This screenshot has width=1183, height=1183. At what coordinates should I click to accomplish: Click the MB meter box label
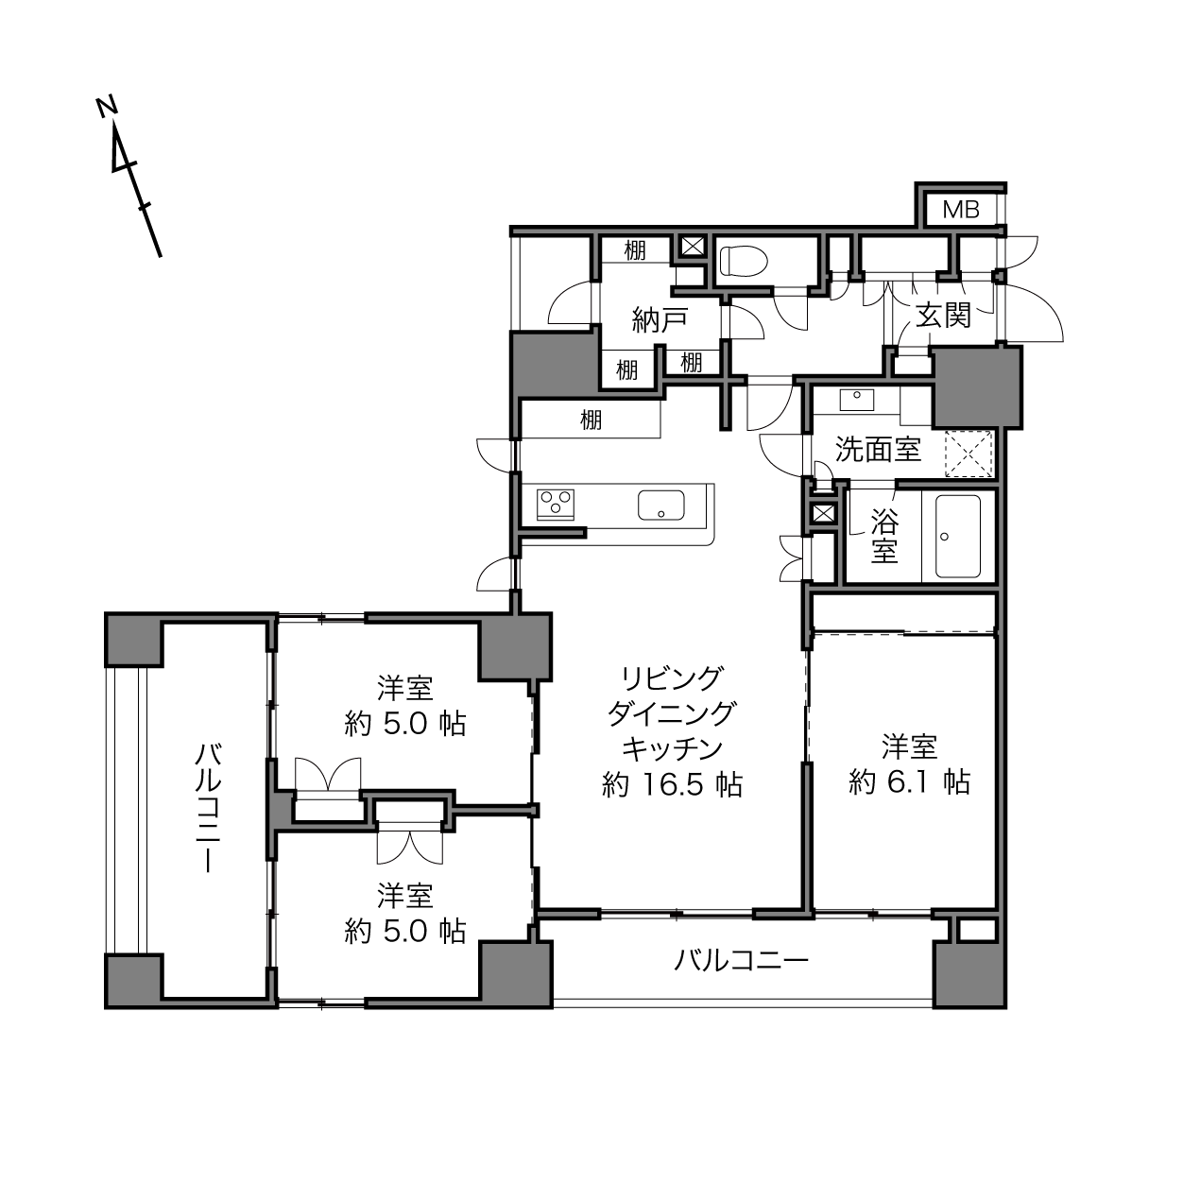(961, 210)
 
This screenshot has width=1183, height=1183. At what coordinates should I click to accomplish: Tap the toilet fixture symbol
(744, 262)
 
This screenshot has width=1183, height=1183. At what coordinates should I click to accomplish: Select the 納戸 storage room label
(660, 320)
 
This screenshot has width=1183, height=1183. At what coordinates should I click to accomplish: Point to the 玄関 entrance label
(944, 317)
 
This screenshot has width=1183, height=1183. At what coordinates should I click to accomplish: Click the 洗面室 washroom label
(878, 450)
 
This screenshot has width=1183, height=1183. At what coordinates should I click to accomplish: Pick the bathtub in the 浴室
(958, 536)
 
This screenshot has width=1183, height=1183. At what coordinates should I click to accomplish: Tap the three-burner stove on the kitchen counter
(556, 505)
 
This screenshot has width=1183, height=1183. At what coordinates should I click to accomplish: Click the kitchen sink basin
(661, 506)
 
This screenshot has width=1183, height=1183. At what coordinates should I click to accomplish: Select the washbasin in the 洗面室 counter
(856, 400)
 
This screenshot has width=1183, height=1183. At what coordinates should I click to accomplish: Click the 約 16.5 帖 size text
(672, 784)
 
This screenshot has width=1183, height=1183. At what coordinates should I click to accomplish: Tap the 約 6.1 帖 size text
(909, 782)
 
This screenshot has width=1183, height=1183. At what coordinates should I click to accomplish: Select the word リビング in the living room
(672, 678)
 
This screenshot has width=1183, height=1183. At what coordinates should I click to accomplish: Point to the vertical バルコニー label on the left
(208, 807)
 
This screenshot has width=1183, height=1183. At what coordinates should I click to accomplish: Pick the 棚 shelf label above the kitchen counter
(591, 420)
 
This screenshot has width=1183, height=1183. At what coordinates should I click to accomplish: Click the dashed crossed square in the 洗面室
(969, 454)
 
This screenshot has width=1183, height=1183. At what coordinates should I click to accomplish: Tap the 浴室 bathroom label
(884, 536)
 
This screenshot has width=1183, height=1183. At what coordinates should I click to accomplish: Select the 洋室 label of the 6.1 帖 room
(909, 747)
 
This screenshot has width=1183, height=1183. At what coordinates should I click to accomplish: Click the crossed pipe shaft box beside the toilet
(692, 247)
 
